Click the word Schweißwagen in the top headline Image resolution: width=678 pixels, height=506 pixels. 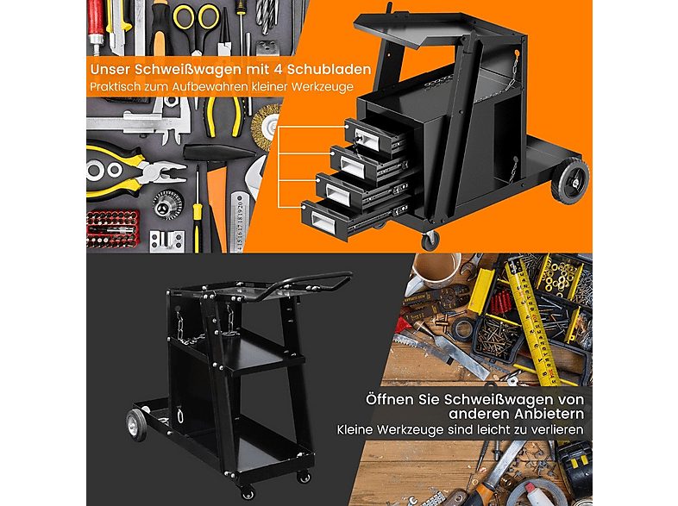(196, 69)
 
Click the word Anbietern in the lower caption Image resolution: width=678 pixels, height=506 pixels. (549, 414)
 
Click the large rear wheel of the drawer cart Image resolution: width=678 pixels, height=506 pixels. (570, 181)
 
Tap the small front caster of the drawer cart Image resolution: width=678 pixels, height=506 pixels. (430, 241)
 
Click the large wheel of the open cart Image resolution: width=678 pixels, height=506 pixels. (136, 424)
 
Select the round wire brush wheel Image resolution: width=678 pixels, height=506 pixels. (265, 127)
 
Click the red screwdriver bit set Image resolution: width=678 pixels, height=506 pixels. (112, 228)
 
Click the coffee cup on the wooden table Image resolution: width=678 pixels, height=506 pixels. (435, 270)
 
